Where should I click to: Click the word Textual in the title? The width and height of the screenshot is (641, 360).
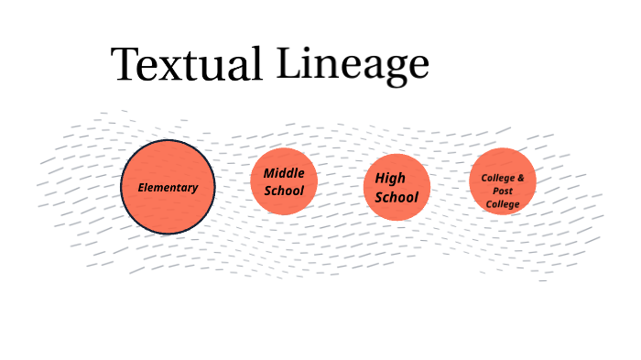pos(186,66)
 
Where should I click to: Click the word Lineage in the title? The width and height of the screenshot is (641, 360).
pos(353,63)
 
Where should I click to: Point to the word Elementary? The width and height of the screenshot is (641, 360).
pos(168,188)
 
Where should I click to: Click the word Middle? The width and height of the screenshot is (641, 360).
pos(284,173)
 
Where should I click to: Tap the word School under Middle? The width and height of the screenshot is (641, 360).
pos(284,191)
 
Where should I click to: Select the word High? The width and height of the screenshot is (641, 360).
pos(390,179)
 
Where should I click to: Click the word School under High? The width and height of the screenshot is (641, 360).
pos(397,197)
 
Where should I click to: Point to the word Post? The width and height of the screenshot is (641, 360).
pos(503,191)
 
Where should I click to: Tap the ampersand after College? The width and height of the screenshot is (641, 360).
pos(521,177)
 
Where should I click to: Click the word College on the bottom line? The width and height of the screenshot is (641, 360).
pos(503,203)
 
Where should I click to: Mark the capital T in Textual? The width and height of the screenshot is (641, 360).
pos(125,65)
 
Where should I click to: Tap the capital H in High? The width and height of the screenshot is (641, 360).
pos(380,179)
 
